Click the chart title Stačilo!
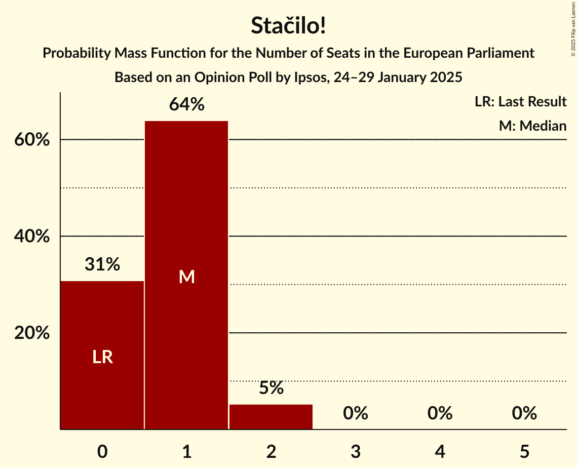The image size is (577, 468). point(288,26)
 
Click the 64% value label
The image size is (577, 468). point(186,105)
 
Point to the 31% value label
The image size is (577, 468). point(102,264)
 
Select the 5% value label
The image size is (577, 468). point(271,388)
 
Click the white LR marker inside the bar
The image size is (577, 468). point(102,357)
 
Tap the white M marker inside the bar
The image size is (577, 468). point(186,277)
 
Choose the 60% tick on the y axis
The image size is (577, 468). point(32,140)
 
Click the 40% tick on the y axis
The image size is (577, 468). point(32,237)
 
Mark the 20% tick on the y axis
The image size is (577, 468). point(32,333)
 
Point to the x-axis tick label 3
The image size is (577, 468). point(356,451)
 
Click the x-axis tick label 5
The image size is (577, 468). point(524,451)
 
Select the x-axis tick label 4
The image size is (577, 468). point(440,451)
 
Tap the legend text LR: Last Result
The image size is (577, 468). point(520,102)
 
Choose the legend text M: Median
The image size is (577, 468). point(532,126)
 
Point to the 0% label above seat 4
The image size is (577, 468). point(440,414)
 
